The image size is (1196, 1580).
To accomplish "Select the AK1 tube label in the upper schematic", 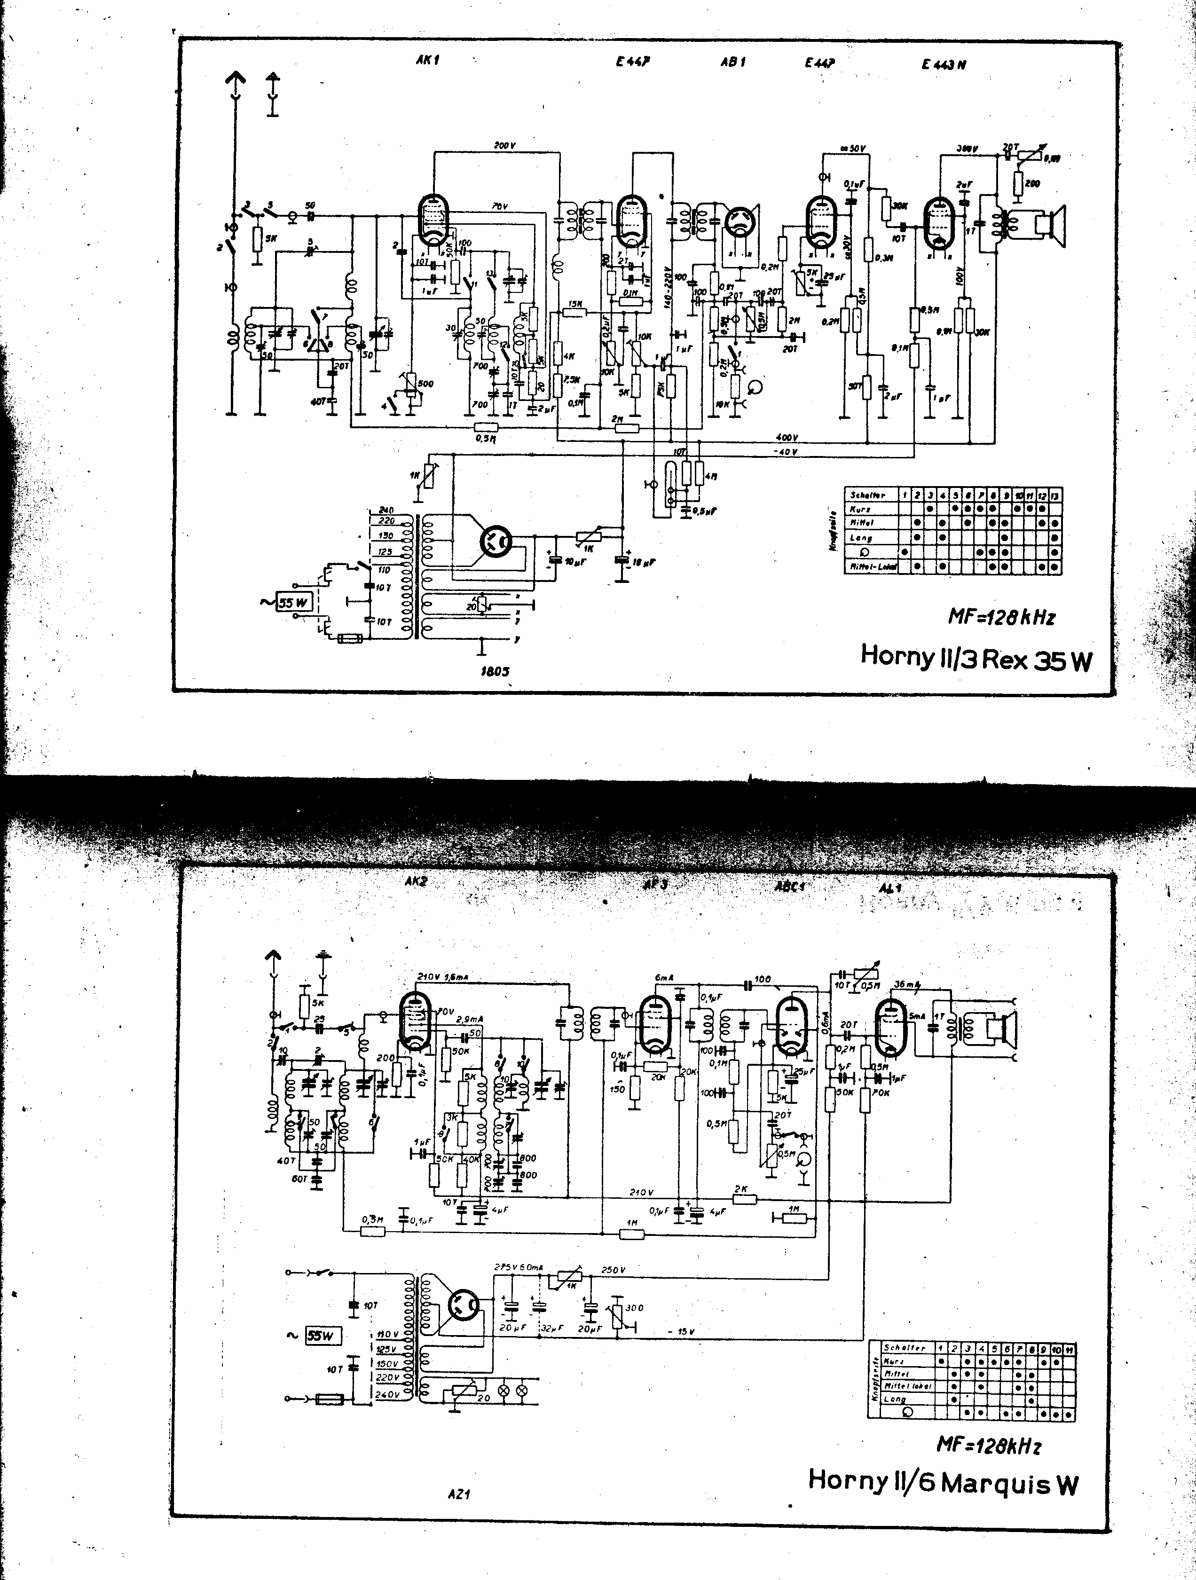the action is pyautogui.click(x=427, y=60).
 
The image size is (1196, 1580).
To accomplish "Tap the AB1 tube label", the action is pyautogui.click(x=733, y=62).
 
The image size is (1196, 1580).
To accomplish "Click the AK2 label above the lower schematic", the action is pyautogui.click(x=416, y=882).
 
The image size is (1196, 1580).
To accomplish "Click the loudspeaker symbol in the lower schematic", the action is pyautogui.click(x=1001, y=1029).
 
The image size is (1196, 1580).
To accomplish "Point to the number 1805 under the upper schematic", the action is pyautogui.click(x=495, y=671).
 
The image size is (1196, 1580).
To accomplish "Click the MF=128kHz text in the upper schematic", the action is pyautogui.click(x=1001, y=616).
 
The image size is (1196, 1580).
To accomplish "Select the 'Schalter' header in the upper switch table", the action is pyautogui.click(x=867, y=494).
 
